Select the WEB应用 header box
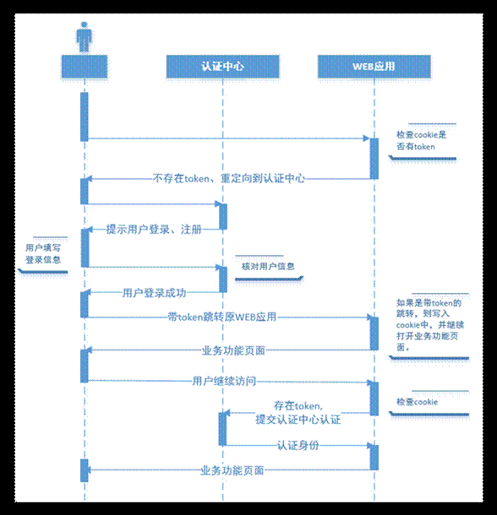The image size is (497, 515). pos(374,66)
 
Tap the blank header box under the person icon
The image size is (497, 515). pos(84,66)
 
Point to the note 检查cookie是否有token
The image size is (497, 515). pos(422,140)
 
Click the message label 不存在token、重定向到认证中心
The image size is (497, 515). pos(228,178)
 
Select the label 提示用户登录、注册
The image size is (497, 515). pos(153,230)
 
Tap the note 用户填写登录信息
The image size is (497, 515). pos(43,253)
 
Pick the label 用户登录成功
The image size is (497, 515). pos(154,293)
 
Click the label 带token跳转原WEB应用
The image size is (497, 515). pos(221,317)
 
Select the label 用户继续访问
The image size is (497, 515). pos(223,381)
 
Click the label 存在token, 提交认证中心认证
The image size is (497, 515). pos(298,413)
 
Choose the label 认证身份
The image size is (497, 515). pos(298,445)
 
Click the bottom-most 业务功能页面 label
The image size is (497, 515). pos(232,470)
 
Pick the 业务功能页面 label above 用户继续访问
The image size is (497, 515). pos(232,350)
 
